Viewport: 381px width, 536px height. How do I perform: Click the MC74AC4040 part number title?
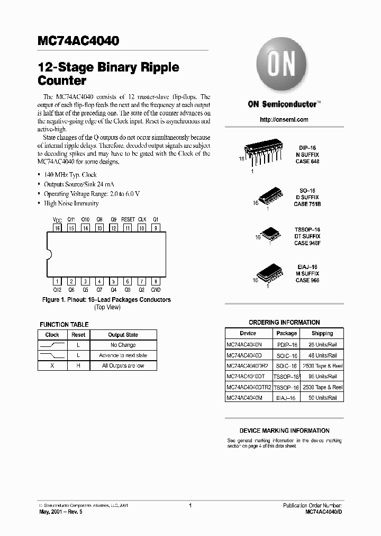[x=78, y=41]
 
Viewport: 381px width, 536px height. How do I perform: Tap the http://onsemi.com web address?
[x=284, y=120]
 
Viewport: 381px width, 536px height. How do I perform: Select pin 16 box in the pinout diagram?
[x=57, y=228]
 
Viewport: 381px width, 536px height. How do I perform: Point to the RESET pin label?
[x=128, y=219]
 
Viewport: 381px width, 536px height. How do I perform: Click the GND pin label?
[x=156, y=290]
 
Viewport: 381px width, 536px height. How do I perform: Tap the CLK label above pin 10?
[x=142, y=219]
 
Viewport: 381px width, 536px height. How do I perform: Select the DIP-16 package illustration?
[x=264, y=154]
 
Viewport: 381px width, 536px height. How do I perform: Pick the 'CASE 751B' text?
[x=308, y=203]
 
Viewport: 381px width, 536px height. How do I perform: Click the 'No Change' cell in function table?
[x=123, y=345]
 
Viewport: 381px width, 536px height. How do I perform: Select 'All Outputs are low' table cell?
[x=123, y=365]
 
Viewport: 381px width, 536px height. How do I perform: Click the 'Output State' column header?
[x=123, y=335]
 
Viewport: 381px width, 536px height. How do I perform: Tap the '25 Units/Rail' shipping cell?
[x=322, y=344]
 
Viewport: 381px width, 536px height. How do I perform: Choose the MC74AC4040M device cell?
[x=244, y=397]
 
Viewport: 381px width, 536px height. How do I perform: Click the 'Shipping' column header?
[x=322, y=334]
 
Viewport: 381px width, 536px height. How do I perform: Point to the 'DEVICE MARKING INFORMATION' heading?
[x=284, y=431]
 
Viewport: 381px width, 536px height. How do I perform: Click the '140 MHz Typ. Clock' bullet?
[x=70, y=174]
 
